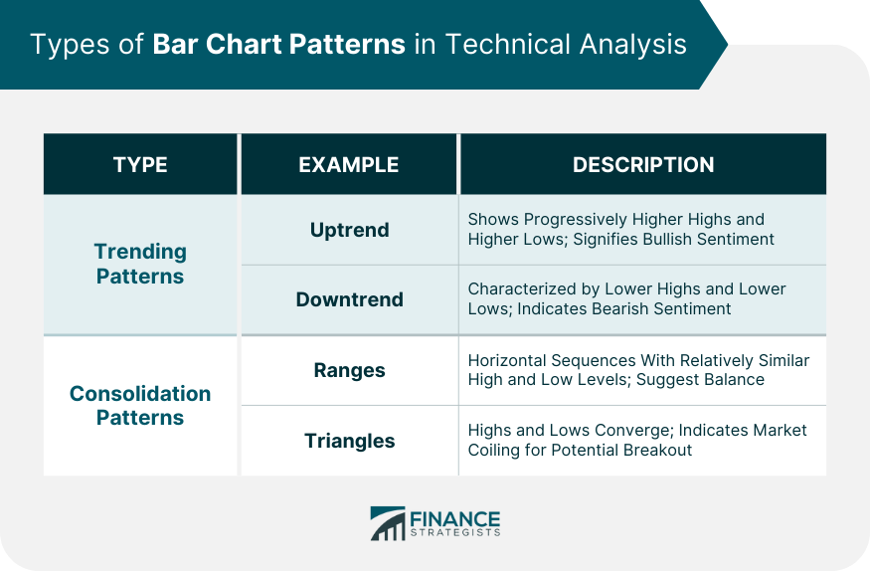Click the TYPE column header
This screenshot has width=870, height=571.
coord(140,165)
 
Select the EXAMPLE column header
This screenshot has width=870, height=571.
coord(349,165)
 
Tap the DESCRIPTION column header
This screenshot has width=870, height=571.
coord(643,165)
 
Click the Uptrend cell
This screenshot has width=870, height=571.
coord(350,230)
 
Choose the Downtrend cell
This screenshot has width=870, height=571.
coord(350,299)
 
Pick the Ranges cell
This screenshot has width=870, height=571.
coord(350,370)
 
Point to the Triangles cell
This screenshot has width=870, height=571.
coord(350,441)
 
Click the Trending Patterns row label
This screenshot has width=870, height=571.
coord(140,264)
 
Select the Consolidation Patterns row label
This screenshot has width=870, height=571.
coord(140,405)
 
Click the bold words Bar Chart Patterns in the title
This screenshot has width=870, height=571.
coord(278,45)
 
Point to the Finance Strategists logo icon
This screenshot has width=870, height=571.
coord(388,523)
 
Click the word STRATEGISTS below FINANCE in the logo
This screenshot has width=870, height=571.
coord(455,533)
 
